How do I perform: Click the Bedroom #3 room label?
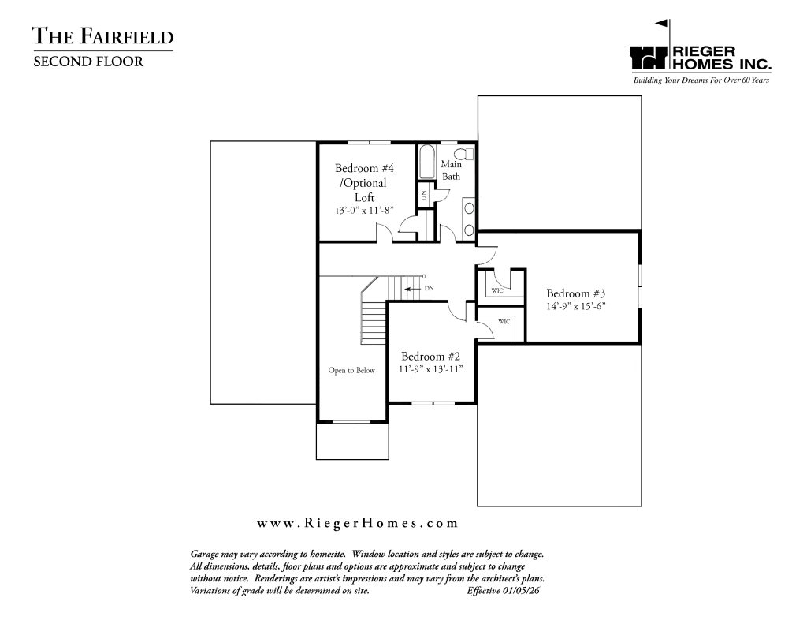tap(575, 293)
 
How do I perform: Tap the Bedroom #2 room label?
tap(430, 357)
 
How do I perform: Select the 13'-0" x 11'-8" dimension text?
tap(364, 210)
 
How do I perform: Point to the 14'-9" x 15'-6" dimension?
tap(575, 306)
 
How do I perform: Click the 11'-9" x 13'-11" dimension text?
tap(430, 369)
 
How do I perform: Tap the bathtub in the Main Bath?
tap(426, 163)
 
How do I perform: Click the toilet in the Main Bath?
tap(465, 154)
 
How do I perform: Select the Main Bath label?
tap(452, 170)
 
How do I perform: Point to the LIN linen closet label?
tap(423, 196)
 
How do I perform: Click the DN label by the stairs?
tap(430, 289)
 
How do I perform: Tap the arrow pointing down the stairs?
tap(412, 289)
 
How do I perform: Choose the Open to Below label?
tap(351, 371)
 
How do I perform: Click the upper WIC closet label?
tap(496, 290)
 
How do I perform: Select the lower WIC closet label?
tap(504, 322)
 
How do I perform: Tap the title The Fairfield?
tap(103, 36)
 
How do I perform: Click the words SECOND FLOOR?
tap(88, 62)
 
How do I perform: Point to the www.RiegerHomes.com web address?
tap(357, 524)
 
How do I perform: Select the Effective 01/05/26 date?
tap(503, 591)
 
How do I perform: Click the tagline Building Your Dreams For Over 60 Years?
tap(701, 80)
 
